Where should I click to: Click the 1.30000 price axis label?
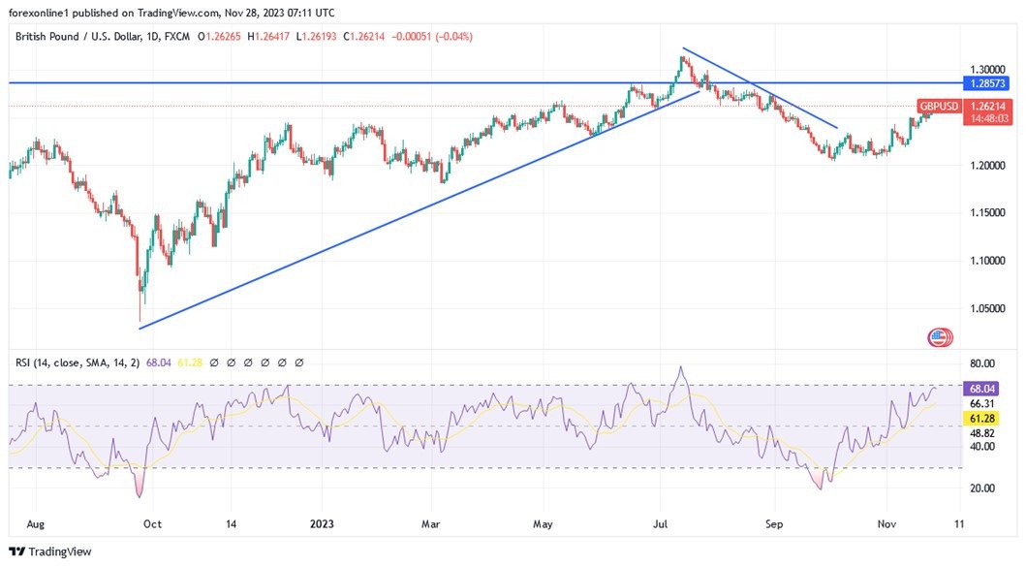pyautogui.click(x=988, y=71)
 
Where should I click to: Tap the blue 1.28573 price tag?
pyautogui.click(x=988, y=83)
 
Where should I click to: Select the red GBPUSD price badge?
pyautogui.click(x=939, y=106)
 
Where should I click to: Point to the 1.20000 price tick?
pyautogui.click(x=988, y=166)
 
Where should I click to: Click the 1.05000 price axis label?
pyautogui.click(x=988, y=308)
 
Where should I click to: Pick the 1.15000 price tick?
pyautogui.click(x=988, y=213)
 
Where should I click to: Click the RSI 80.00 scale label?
pyautogui.click(x=982, y=363)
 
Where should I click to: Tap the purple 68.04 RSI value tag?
pyautogui.click(x=982, y=388)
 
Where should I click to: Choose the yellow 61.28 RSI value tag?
pyautogui.click(x=982, y=418)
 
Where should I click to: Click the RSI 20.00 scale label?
pyautogui.click(x=982, y=488)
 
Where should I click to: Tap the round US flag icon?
pyautogui.click(x=939, y=337)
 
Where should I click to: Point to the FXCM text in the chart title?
pyautogui.click(x=177, y=37)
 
